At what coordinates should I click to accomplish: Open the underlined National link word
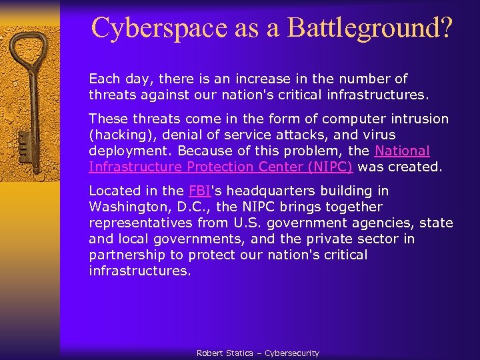(x=403, y=151)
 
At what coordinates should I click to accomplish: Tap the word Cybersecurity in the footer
(x=292, y=353)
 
